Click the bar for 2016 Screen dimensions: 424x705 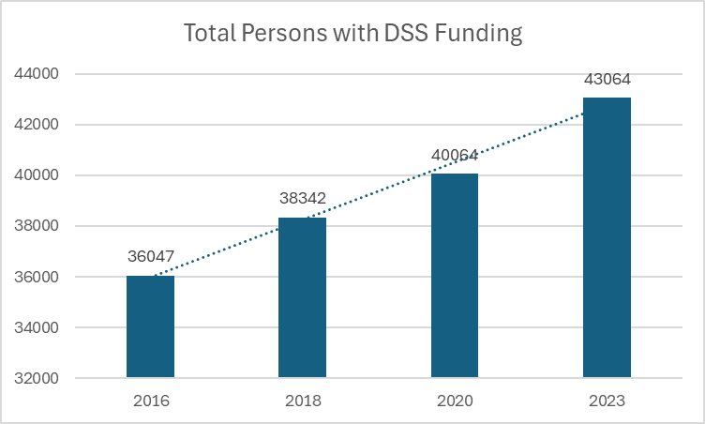150,326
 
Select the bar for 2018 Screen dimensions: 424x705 302,297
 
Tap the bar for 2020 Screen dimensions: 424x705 455,276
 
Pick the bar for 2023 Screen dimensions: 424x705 607,237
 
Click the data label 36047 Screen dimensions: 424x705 151,256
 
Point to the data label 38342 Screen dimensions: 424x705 303,198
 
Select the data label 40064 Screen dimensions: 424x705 456,155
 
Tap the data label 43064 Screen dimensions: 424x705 607,79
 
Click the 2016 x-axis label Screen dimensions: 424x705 151,401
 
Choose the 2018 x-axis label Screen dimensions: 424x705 303,401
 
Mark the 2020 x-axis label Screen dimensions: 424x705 456,401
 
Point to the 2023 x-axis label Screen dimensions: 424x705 607,401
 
